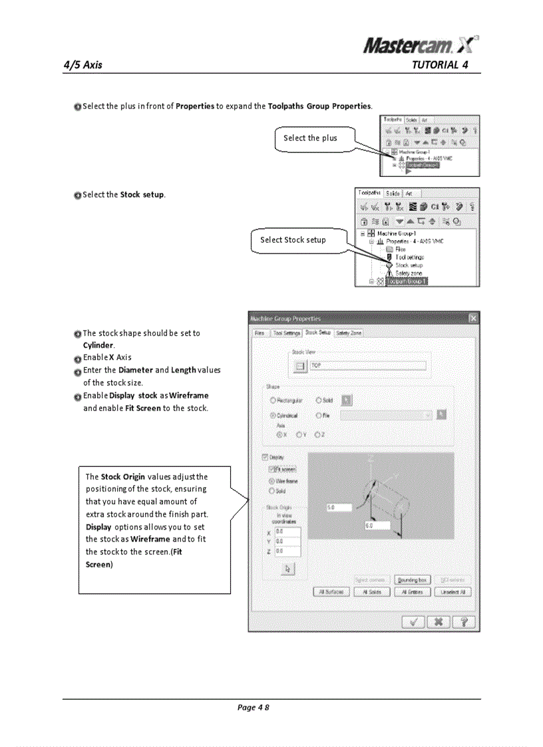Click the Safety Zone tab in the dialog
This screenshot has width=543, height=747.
(349, 333)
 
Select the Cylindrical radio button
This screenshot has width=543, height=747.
(273, 414)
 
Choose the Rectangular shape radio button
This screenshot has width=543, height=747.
(273, 400)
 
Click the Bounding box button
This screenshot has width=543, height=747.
(413, 580)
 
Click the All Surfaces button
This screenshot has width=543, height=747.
(331, 592)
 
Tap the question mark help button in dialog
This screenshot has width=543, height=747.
(463, 622)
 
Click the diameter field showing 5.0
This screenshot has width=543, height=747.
(339, 508)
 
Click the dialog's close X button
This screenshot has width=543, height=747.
(472, 318)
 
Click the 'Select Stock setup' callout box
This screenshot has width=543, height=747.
(293, 240)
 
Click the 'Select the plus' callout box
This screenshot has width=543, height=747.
(310, 138)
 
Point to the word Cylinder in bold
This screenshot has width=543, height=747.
(98, 345)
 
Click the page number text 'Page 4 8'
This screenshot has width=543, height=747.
(253, 707)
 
